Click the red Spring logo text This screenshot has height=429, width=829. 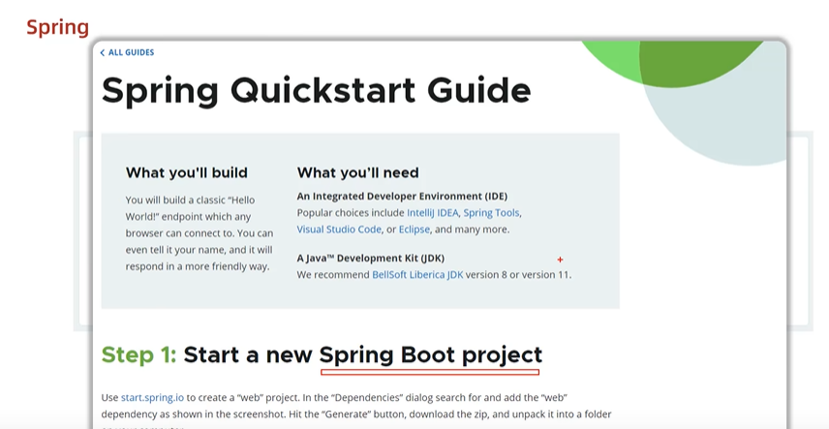[x=57, y=27]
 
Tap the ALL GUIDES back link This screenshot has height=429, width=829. [x=128, y=52]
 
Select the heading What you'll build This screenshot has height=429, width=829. [x=187, y=172]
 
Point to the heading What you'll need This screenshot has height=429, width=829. [x=357, y=172]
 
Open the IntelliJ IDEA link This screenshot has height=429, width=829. [x=432, y=212]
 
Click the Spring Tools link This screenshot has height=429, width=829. [x=491, y=212]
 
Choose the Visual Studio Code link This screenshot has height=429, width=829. [x=339, y=230]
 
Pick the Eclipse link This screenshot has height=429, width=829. [x=414, y=230]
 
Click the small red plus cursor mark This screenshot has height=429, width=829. [x=560, y=260]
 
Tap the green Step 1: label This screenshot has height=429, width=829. [x=138, y=354]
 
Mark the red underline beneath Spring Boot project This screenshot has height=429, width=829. [x=429, y=371]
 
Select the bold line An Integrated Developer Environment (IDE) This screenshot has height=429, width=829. [x=402, y=196]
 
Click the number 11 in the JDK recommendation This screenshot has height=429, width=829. [x=563, y=275]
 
